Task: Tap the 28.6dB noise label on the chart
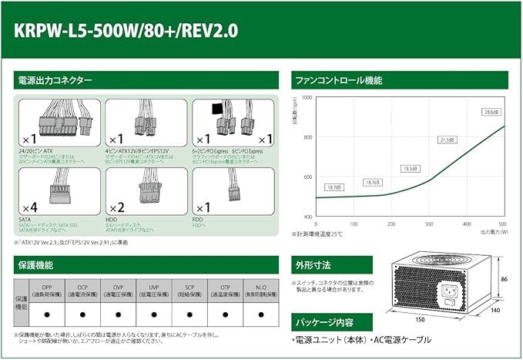point(490,113)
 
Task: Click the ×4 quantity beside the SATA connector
point(28,208)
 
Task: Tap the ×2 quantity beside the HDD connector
point(116,208)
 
